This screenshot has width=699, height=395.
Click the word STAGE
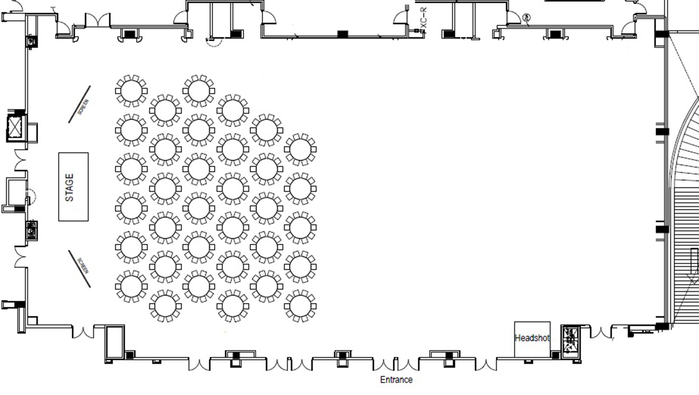70,187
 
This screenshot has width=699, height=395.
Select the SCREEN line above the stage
79,104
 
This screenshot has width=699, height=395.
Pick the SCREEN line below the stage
79,269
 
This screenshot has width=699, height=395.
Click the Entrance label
396,380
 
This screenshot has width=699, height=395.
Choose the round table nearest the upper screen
131,91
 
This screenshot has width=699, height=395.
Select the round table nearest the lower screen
131,286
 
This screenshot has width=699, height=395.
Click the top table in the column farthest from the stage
300,149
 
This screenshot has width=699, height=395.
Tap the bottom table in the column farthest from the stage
300,306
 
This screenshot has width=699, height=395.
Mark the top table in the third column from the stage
199,91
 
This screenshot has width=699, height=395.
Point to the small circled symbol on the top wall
526,17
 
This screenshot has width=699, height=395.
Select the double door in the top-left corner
98,20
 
